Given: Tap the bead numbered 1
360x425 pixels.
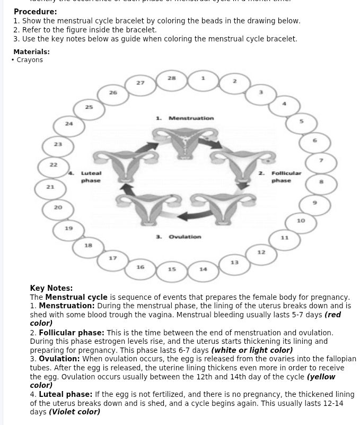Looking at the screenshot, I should point(203,79).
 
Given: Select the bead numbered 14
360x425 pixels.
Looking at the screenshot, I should point(203,270).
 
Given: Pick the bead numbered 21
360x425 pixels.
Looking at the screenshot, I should point(50,188).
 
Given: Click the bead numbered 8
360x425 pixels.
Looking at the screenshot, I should point(321,182).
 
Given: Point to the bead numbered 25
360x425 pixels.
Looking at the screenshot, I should point(89,108).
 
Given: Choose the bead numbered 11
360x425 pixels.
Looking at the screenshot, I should point(284,238).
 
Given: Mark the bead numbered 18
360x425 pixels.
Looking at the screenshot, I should point(89,246).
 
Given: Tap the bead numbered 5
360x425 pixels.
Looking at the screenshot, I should point(301,122).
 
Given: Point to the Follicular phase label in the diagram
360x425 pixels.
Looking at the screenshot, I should point(282,177).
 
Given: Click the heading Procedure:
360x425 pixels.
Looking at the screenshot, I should point(35,12).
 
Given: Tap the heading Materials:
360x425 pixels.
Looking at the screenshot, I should point(31,52).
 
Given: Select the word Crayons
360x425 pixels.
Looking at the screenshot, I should point(30,60).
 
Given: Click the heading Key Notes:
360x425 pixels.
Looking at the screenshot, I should point(51,289).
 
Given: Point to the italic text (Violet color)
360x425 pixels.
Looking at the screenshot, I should point(74,412).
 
